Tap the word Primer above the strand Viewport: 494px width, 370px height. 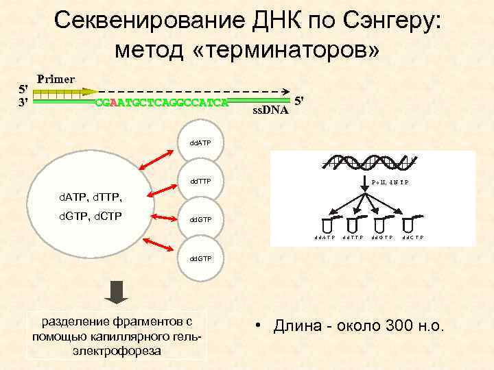pyautogui.click(x=56, y=78)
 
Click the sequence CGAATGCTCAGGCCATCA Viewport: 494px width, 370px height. pyautogui.click(x=161, y=103)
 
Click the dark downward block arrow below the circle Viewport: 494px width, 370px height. pyautogui.click(x=117, y=292)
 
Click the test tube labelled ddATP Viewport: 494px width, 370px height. pyautogui.click(x=325, y=224)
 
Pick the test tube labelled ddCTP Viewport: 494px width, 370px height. pyautogui.click(x=410, y=224)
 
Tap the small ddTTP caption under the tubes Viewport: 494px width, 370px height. pyautogui.click(x=352, y=238)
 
